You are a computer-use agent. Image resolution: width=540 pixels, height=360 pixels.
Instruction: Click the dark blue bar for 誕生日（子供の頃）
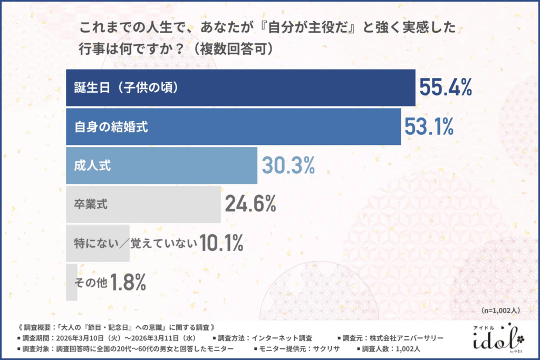(240, 87)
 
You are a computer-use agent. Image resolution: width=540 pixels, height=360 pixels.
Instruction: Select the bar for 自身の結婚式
(233, 126)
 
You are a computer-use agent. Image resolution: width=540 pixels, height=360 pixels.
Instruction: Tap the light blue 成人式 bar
(161, 165)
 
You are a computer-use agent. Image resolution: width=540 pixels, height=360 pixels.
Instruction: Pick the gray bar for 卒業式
(143, 204)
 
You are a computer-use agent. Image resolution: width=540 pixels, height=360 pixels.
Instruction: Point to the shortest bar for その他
(71, 282)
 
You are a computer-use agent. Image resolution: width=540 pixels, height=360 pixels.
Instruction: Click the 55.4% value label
(445, 87)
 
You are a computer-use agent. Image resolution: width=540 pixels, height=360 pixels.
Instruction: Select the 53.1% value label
(429, 127)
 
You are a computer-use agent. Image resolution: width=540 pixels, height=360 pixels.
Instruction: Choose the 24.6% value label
(250, 205)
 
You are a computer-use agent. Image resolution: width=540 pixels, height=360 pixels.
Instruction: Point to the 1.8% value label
(127, 283)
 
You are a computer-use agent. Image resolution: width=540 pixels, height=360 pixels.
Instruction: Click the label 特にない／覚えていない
(135, 244)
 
